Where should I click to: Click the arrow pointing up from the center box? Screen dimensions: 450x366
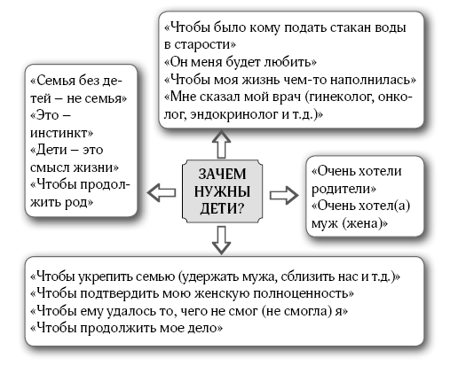(221, 144)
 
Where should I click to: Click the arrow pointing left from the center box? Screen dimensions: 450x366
(162, 193)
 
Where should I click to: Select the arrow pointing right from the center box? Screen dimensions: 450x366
(284, 195)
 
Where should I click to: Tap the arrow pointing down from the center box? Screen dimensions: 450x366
(221, 240)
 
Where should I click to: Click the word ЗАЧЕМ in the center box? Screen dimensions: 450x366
(222, 174)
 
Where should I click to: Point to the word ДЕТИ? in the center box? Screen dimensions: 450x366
(222, 209)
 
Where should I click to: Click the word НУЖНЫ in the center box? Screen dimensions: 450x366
(222, 191)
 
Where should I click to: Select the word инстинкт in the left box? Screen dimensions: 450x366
(61, 133)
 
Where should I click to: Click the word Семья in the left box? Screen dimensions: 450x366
(53, 81)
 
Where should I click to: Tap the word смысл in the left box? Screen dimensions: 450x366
(50, 167)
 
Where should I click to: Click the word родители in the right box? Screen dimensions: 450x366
(343, 189)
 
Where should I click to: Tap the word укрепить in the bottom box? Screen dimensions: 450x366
(106, 276)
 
